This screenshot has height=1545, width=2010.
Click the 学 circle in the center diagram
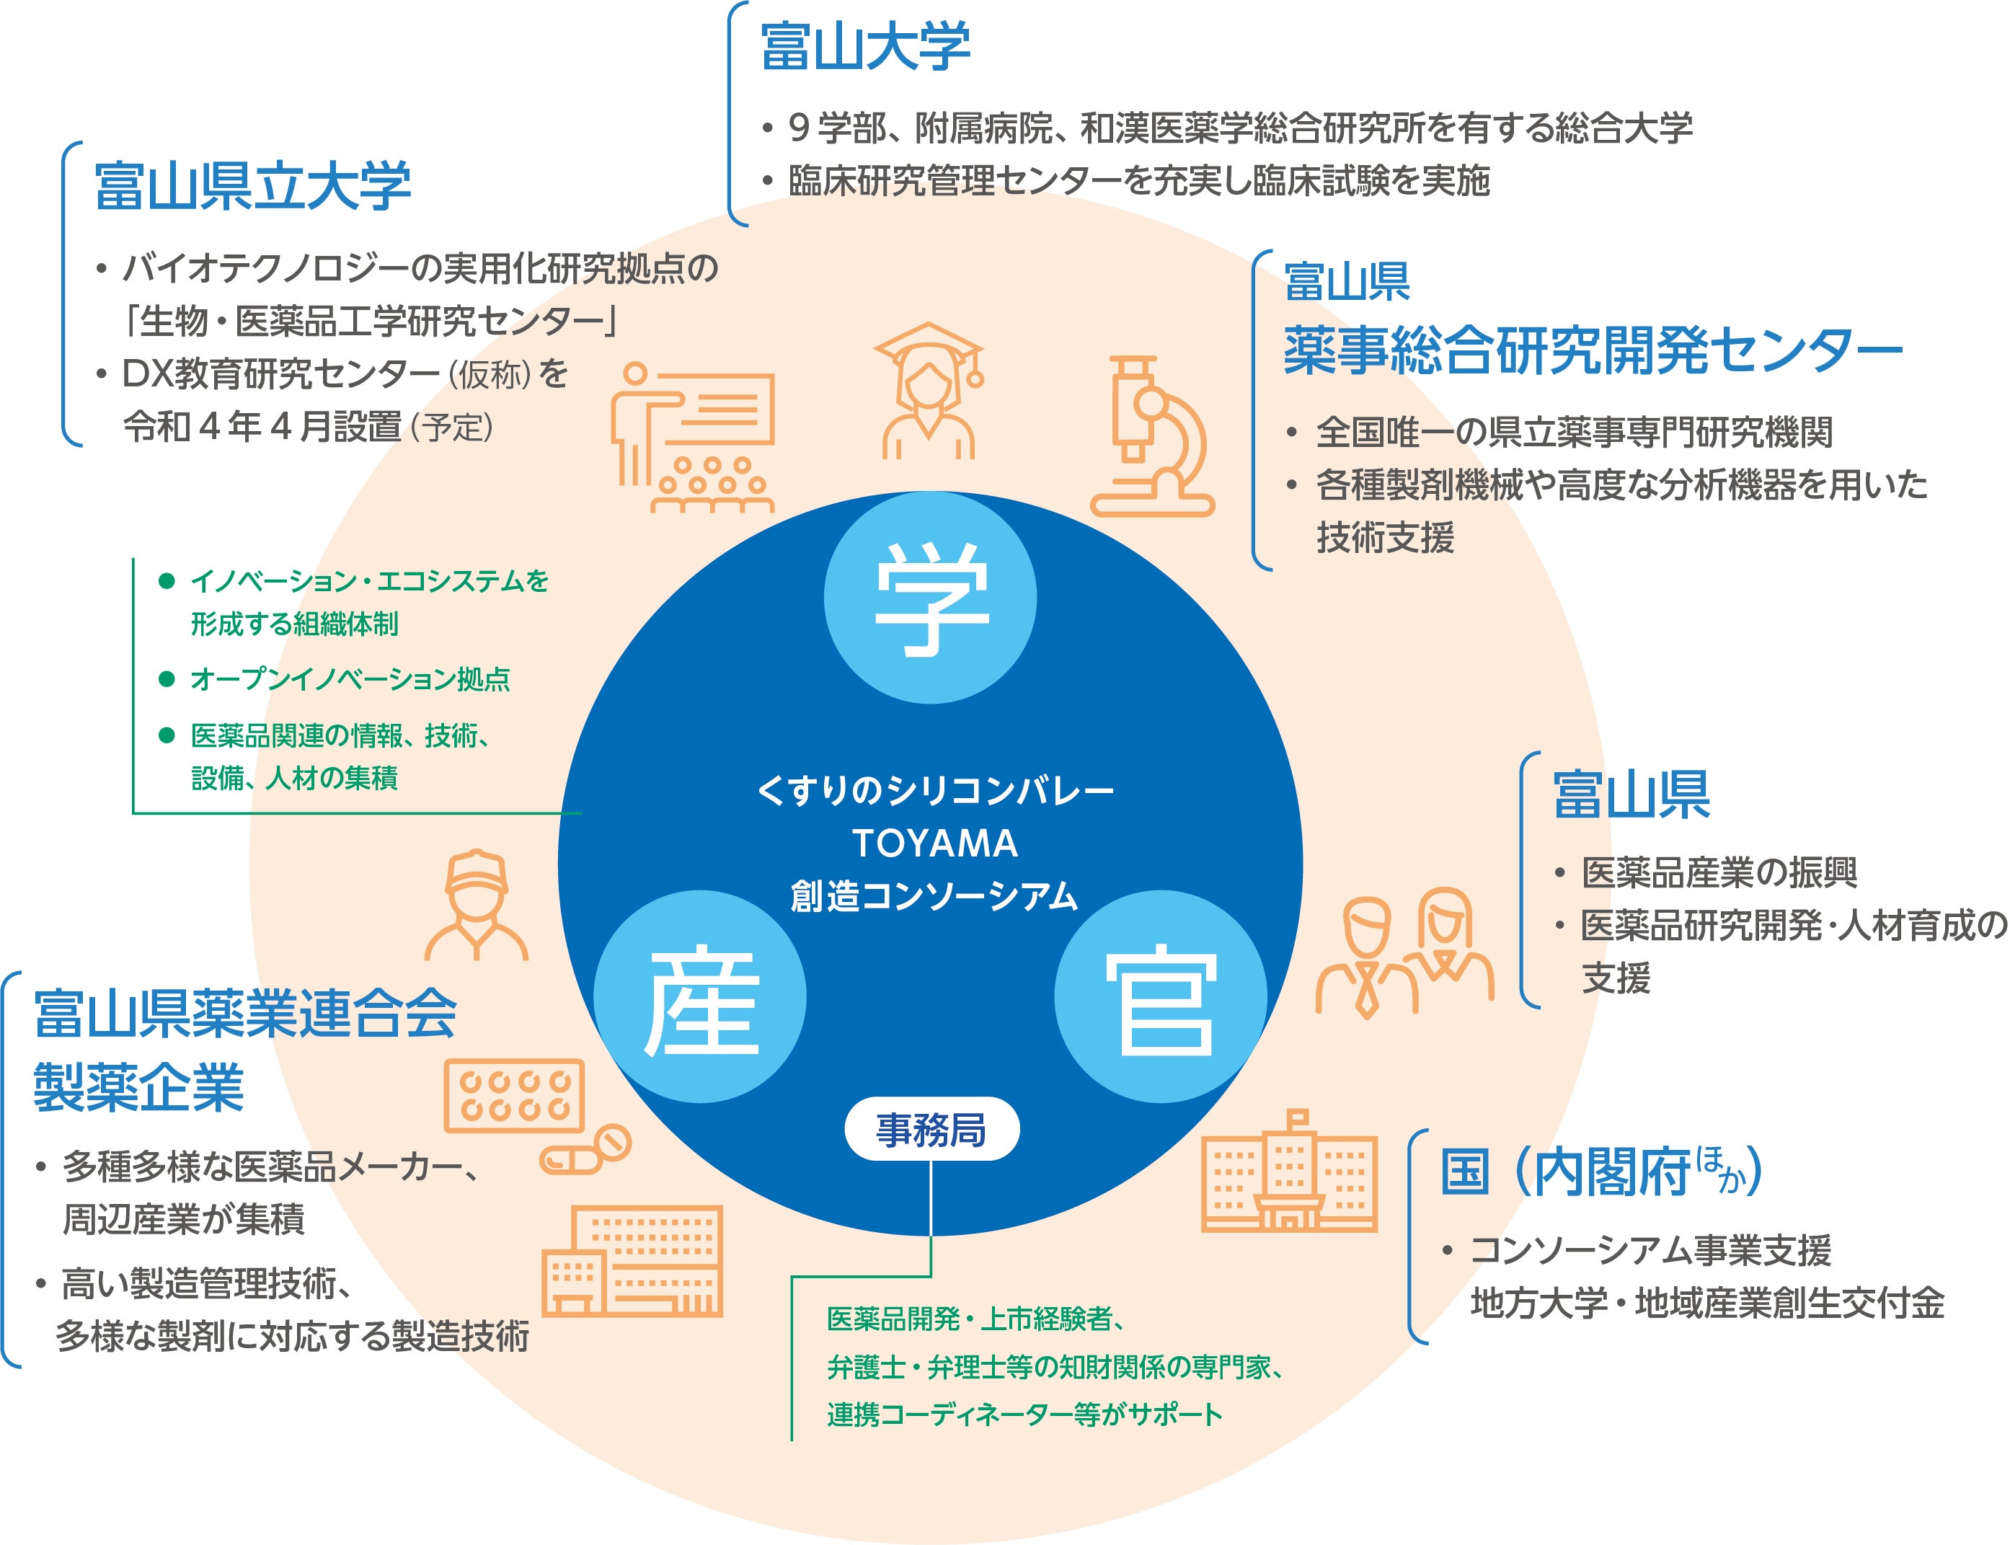tap(929, 598)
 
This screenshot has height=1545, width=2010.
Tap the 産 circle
tap(700, 997)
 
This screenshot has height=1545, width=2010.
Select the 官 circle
tap(1161, 997)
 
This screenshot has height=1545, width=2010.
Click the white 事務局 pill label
tap(931, 1129)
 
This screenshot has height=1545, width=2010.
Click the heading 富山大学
tap(865, 48)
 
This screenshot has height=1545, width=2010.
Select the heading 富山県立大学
tap(253, 186)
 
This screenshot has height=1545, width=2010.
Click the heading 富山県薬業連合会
tap(246, 1014)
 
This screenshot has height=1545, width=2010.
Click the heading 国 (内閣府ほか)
tap(1601, 1172)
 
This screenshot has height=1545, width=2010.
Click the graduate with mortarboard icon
tap(929, 391)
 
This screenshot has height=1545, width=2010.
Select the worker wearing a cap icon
tap(477, 906)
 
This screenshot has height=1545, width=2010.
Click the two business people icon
tap(1404, 952)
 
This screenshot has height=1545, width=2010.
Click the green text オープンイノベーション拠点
tap(350, 680)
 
